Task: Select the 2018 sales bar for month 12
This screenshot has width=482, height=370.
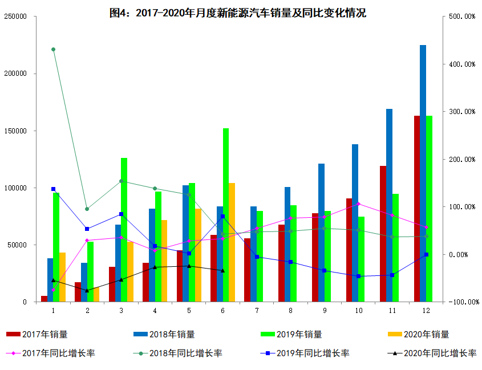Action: coord(423,173)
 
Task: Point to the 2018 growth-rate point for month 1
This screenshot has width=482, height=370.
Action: coord(53,50)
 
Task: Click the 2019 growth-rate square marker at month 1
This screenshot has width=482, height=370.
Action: coord(53,189)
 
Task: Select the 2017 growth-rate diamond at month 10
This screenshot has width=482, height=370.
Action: coord(358,204)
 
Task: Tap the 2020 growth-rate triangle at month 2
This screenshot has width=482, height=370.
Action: coord(87,291)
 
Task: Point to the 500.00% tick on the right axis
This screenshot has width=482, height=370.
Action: coord(462,17)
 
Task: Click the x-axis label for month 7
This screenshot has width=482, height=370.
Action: coord(257,310)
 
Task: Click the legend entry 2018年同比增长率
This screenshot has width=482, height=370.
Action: coord(177,353)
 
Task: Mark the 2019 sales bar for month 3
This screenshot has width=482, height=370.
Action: coord(124,230)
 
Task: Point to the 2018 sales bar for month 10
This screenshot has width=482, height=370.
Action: coord(355,223)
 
